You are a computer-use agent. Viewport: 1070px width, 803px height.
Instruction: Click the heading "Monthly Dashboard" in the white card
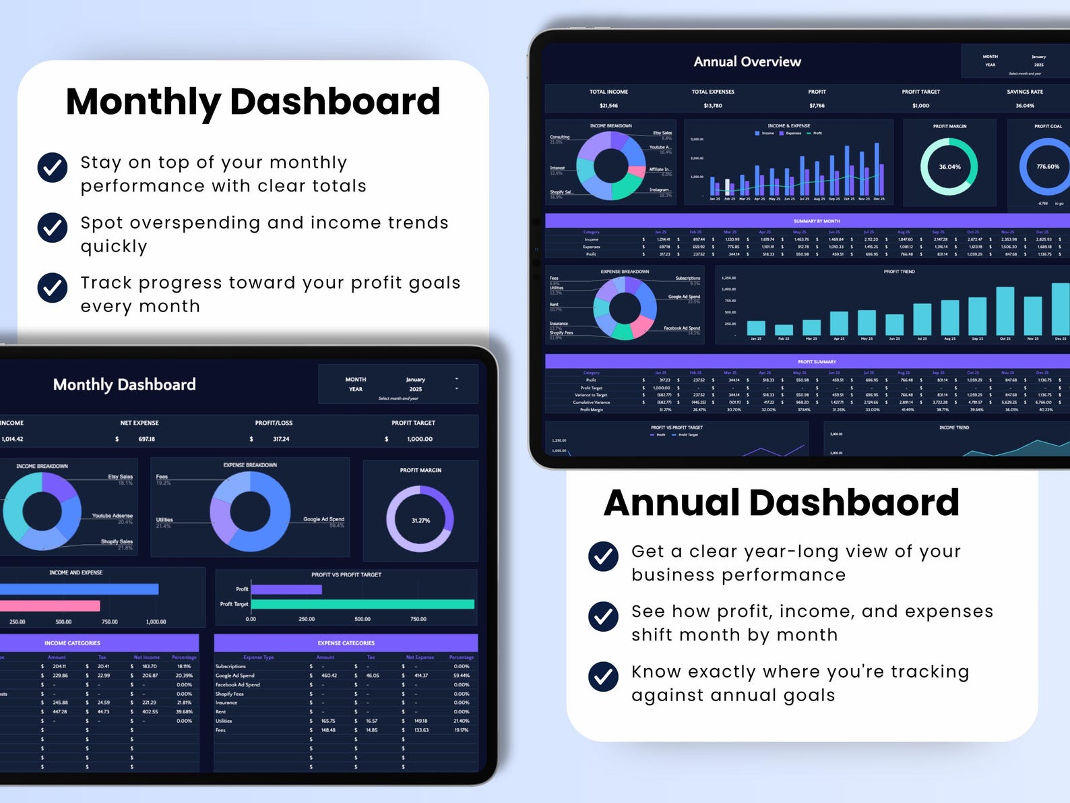click(253, 102)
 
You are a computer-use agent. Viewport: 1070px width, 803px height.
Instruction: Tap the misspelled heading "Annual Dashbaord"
click(781, 503)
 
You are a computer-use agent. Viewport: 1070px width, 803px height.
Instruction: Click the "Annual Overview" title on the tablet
click(747, 62)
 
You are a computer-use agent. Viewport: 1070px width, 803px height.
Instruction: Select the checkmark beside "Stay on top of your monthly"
click(53, 168)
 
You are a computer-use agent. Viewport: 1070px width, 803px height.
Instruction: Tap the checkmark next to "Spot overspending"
click(53, 228)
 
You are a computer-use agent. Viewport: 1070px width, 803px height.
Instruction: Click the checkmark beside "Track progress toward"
click(53, 288)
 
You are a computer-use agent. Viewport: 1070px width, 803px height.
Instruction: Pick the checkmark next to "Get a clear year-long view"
click(603, 557)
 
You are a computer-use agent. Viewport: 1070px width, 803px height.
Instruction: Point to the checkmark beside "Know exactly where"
click(603, 677)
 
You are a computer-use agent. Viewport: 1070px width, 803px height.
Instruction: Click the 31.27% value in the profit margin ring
click(420, 521)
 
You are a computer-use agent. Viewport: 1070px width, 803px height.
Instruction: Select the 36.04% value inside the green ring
click(949, 167)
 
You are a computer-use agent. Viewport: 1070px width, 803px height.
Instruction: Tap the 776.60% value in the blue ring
click(1048, 167)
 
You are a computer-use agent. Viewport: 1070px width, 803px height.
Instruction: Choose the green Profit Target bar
click(363, 604)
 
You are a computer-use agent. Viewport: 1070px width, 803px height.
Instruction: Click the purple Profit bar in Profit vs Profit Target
click(286, 589)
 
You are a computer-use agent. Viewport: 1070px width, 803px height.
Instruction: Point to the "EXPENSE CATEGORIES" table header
click(346, 643)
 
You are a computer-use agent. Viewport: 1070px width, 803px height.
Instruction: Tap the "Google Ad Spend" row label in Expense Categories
click(235, 676)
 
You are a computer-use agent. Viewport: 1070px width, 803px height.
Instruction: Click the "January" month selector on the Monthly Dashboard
click(416, 380)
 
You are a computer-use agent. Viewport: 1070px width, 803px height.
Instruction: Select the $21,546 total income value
click(608, 106)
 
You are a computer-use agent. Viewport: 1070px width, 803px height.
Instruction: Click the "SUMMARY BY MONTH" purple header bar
click(817, 221)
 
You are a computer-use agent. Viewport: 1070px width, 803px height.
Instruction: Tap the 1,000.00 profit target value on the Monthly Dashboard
click(420, 439)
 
